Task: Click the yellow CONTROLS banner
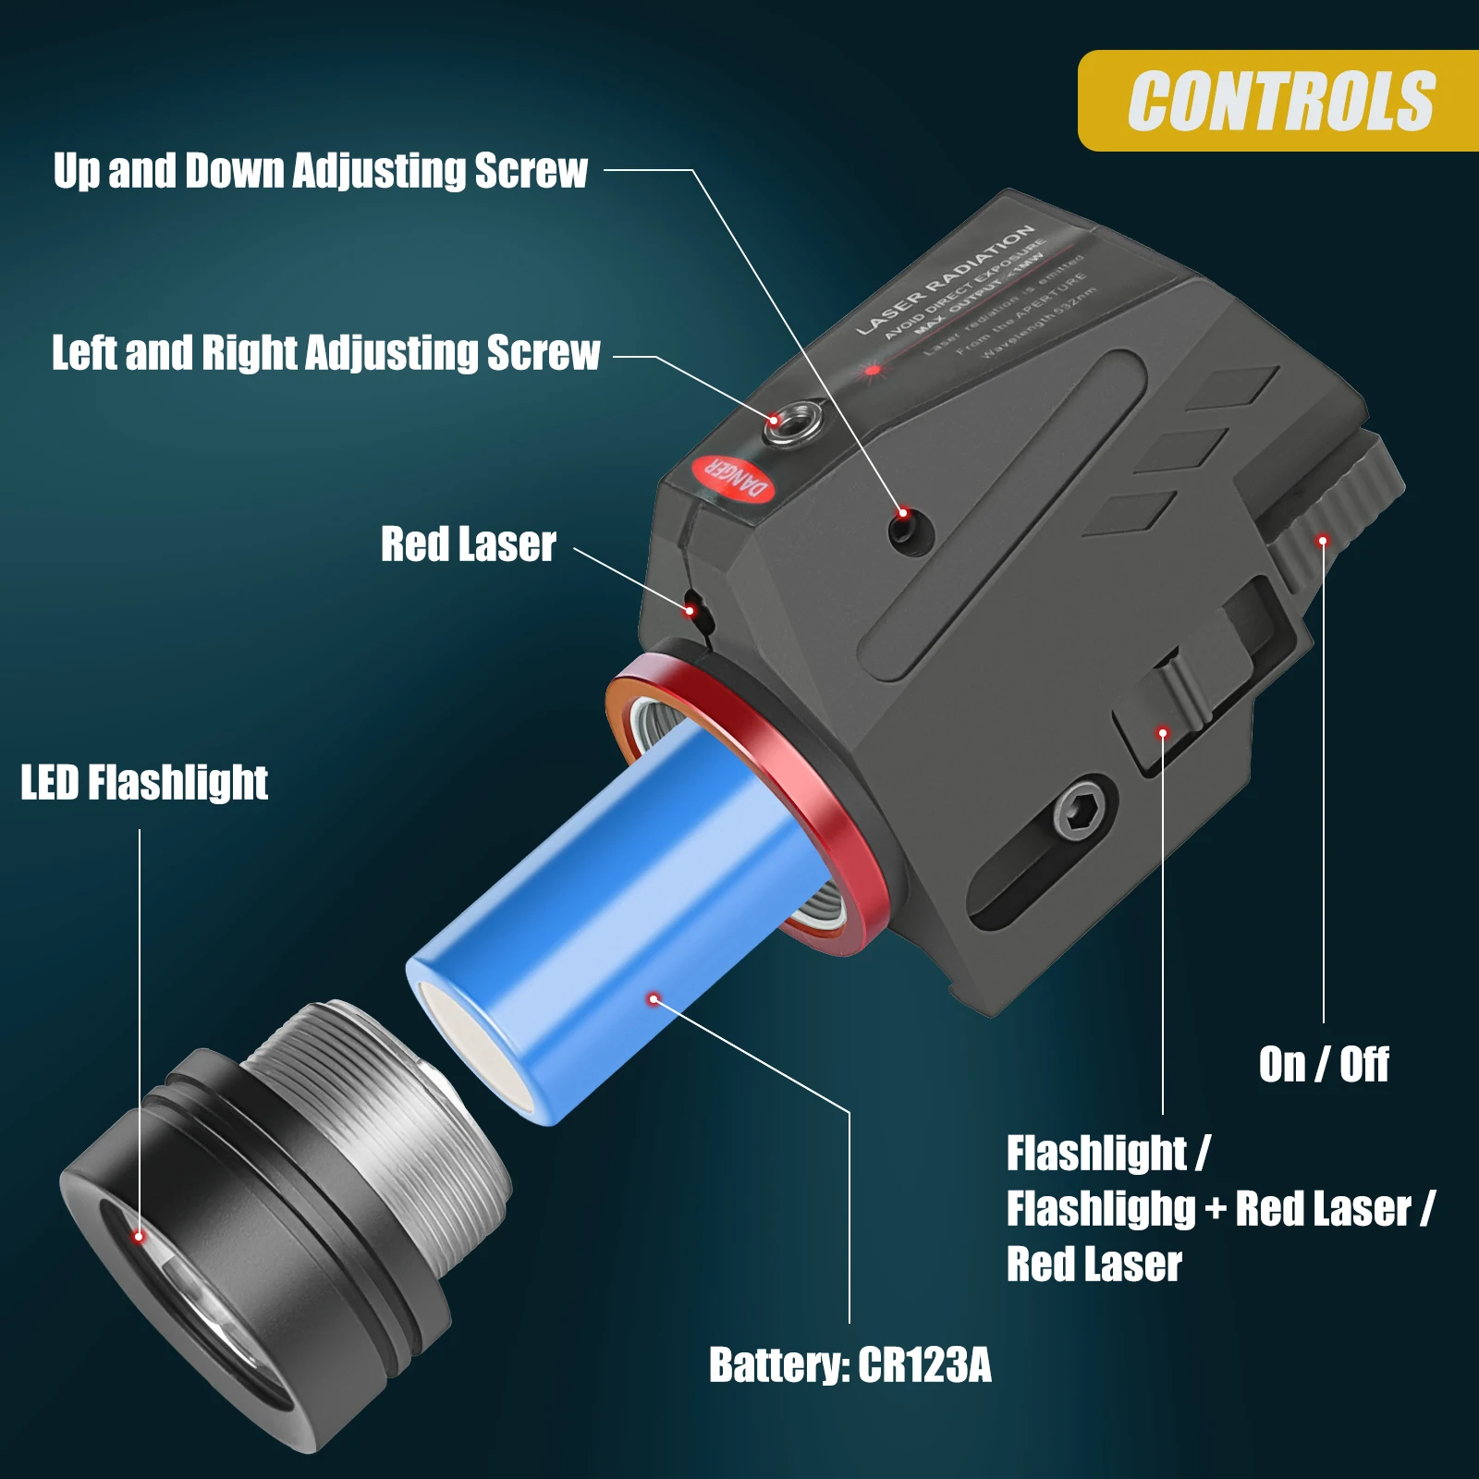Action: (1280, 101)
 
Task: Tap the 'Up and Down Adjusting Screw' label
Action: (320, 171)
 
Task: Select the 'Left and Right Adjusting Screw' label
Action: (325, 353)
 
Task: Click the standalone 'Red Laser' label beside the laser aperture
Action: (469, 544)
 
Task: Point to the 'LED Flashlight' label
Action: (144, 783)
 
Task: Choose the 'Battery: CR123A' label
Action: (850, 1365)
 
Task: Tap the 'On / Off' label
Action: (1323, 1065)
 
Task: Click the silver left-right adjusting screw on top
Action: (793, 422)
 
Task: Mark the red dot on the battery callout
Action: (654, 998)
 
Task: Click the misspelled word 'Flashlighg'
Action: (1101, 1209)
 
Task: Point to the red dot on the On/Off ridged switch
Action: (1323, 540)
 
